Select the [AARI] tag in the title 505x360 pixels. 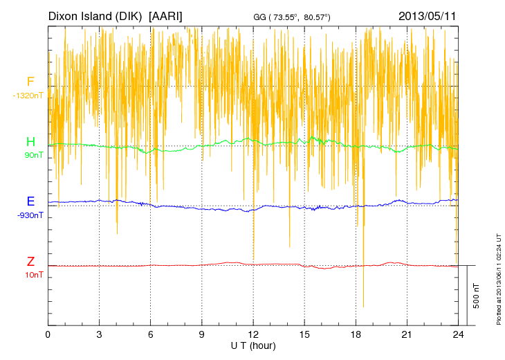point(166,15)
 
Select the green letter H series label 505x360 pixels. point(30,142)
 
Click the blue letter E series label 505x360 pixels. point(30,201)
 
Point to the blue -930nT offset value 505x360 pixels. point(30,215)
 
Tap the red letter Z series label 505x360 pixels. point(30,262)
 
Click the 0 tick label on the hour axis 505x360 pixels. point(48,334)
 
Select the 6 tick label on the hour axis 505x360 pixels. point(151,334)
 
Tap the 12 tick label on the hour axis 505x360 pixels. point(253,334)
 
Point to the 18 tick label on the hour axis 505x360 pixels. point(356,334)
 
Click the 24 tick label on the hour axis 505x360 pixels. point(458,334)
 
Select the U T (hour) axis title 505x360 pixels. point(253,345)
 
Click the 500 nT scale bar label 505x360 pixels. point(476,296)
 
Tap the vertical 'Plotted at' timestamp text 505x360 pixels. point(499,277)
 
